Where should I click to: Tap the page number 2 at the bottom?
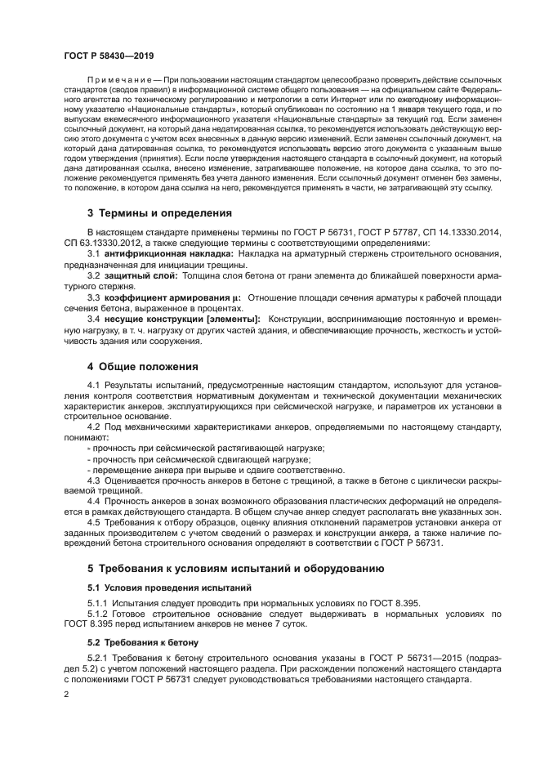(65, 694)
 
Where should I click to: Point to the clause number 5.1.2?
(98, 613)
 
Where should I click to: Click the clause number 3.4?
(94, 318)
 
